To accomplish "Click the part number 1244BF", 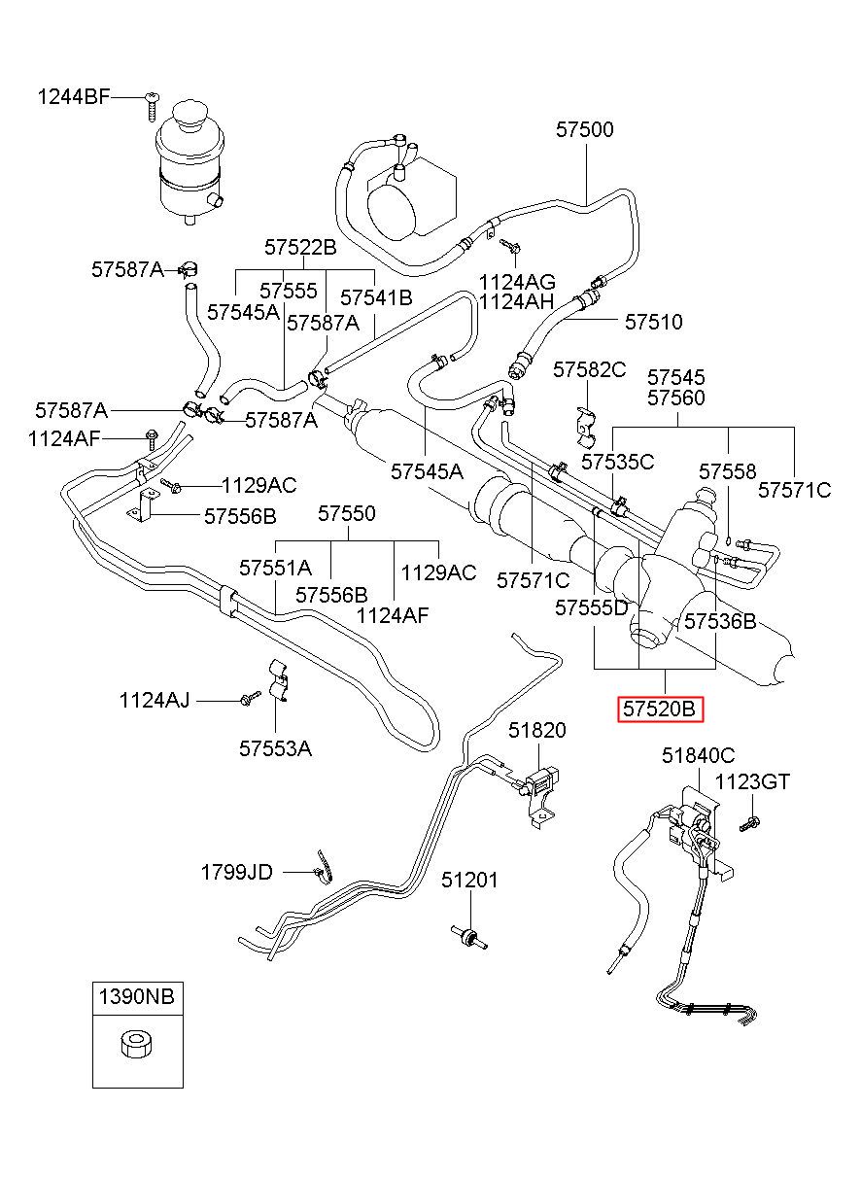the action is click(x=74, y=97).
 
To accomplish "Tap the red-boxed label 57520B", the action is click(x=660, y=710).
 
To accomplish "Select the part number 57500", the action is click(x=585, y=129).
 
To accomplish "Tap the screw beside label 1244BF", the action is click(x=152, y=108).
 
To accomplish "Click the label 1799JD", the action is click(x=237, y=872).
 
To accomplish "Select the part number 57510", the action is click(x=653, y=322).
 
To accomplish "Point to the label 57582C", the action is click(x=590, y=370).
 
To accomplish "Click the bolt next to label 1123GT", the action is click(x=749, y=823).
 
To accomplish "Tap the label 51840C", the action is click(x=698, y=755).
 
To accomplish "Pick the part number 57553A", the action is click(x=275, y=749).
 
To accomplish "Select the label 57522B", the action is click(x=300, y=247).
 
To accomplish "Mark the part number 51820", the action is click(x=536, y=730).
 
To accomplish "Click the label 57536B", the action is click(x=720, y=622).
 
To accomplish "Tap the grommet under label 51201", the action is click(x=468, y=937).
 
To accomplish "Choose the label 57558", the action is click(x=727, y=471).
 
